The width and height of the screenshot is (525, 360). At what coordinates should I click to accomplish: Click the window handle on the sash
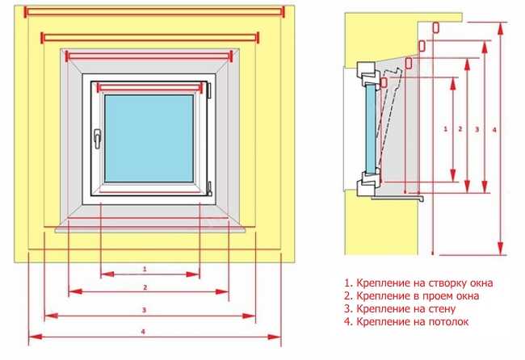[x=97, y=139]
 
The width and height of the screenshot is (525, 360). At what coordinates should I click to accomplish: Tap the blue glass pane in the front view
[x=149, y=139]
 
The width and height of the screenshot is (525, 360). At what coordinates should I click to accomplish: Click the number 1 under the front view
[x=145, y=269]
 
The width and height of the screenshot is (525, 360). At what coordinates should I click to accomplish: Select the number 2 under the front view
[x=145, y=287]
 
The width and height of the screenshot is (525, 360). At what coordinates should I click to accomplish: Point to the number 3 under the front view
[x=145, y=310]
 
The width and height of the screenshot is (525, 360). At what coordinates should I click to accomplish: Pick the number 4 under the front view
[x=143, y=332]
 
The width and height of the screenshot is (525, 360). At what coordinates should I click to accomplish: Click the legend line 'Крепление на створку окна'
[x=418, y=283]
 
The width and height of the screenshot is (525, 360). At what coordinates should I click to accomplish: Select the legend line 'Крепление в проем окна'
[x=411, y=295]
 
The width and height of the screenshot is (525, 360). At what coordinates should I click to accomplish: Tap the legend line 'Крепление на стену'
[x=400, y=309]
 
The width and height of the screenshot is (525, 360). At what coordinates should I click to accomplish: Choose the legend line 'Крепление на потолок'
[x=406, y=322]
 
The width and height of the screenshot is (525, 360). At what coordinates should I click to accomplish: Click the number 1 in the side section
[x=445, y=128]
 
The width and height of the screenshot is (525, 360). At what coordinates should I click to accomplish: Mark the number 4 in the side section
[x=494, y=130]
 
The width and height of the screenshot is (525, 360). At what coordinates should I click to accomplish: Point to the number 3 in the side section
[x=477, y=129]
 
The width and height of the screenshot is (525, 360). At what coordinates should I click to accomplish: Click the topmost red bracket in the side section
[x=435, y=27]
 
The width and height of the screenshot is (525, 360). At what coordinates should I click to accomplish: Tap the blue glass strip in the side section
[x=370, y=128]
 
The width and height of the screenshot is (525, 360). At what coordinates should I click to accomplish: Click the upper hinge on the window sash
[x=209, y=90]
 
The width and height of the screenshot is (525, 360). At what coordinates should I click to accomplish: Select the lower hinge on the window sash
[x=210, y=188]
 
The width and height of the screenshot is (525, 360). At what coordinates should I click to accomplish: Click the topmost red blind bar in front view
[x=154, y=12]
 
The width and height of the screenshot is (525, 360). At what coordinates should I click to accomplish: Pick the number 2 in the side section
[x=460, y=129]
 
